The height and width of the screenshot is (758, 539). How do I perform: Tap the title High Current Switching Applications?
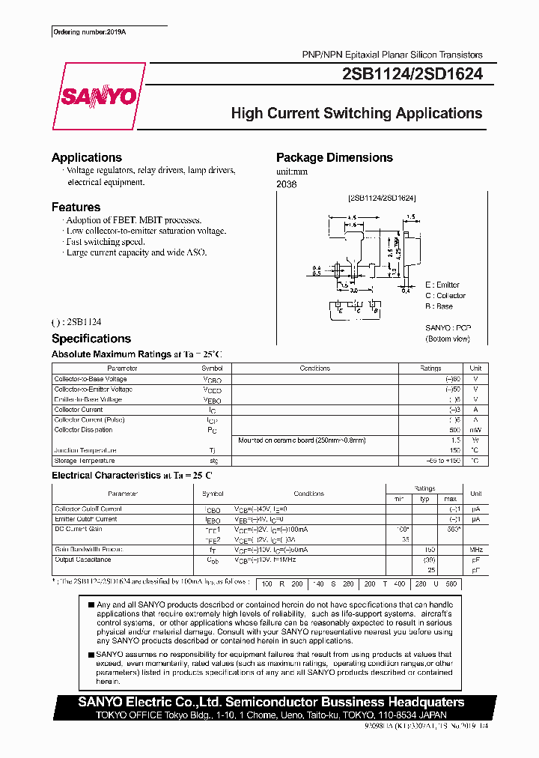356,114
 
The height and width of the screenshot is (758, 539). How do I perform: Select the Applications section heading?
87,157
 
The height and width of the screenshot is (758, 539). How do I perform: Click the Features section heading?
76,207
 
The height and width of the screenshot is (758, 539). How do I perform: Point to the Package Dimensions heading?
334,157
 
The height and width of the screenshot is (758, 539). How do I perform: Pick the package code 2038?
286,184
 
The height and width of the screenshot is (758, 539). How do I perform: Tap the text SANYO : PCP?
448,328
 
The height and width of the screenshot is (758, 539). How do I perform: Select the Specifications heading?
91,339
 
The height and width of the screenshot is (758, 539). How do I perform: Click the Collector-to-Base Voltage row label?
92,379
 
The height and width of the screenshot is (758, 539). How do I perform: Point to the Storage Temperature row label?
85,461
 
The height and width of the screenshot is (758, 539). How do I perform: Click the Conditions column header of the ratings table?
314,369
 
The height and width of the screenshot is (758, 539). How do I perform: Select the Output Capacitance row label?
82,560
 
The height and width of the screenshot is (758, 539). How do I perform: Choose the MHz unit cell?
475,550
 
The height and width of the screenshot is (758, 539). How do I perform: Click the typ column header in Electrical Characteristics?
424,499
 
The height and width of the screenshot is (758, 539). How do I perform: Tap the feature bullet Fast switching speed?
105,242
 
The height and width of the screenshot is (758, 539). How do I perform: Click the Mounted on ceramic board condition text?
302,440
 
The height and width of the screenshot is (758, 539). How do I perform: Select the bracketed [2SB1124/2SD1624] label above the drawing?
382,198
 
